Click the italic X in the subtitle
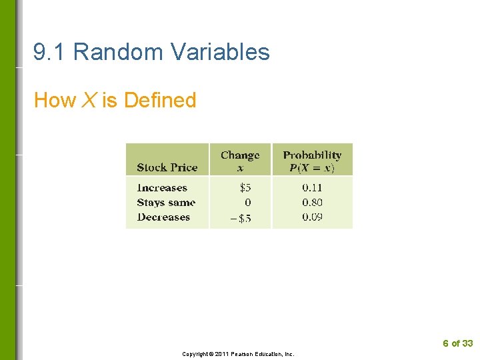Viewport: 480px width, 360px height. tap(89, 101)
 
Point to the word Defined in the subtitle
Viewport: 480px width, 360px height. tap(160, 101)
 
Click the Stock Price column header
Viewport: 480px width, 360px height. tap(167, 167)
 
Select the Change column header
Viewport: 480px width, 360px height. tap(240, 161)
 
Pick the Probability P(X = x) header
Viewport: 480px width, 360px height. tap(312, 161)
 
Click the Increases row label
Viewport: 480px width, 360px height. tap(162, 188)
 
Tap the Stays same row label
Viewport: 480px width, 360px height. tap(166, 203)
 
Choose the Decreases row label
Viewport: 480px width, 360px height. tap(163, 217)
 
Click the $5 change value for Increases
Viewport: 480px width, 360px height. tap(245, 188)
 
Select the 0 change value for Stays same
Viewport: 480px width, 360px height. tap(248, 203)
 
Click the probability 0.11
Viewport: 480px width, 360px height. tap(312, 188)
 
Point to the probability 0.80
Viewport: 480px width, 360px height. tap(312, 203)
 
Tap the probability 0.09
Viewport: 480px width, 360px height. tap(312, 217)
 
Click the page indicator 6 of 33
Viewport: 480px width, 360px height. tap(457, 343)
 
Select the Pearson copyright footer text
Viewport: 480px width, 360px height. tap(238, 354)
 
